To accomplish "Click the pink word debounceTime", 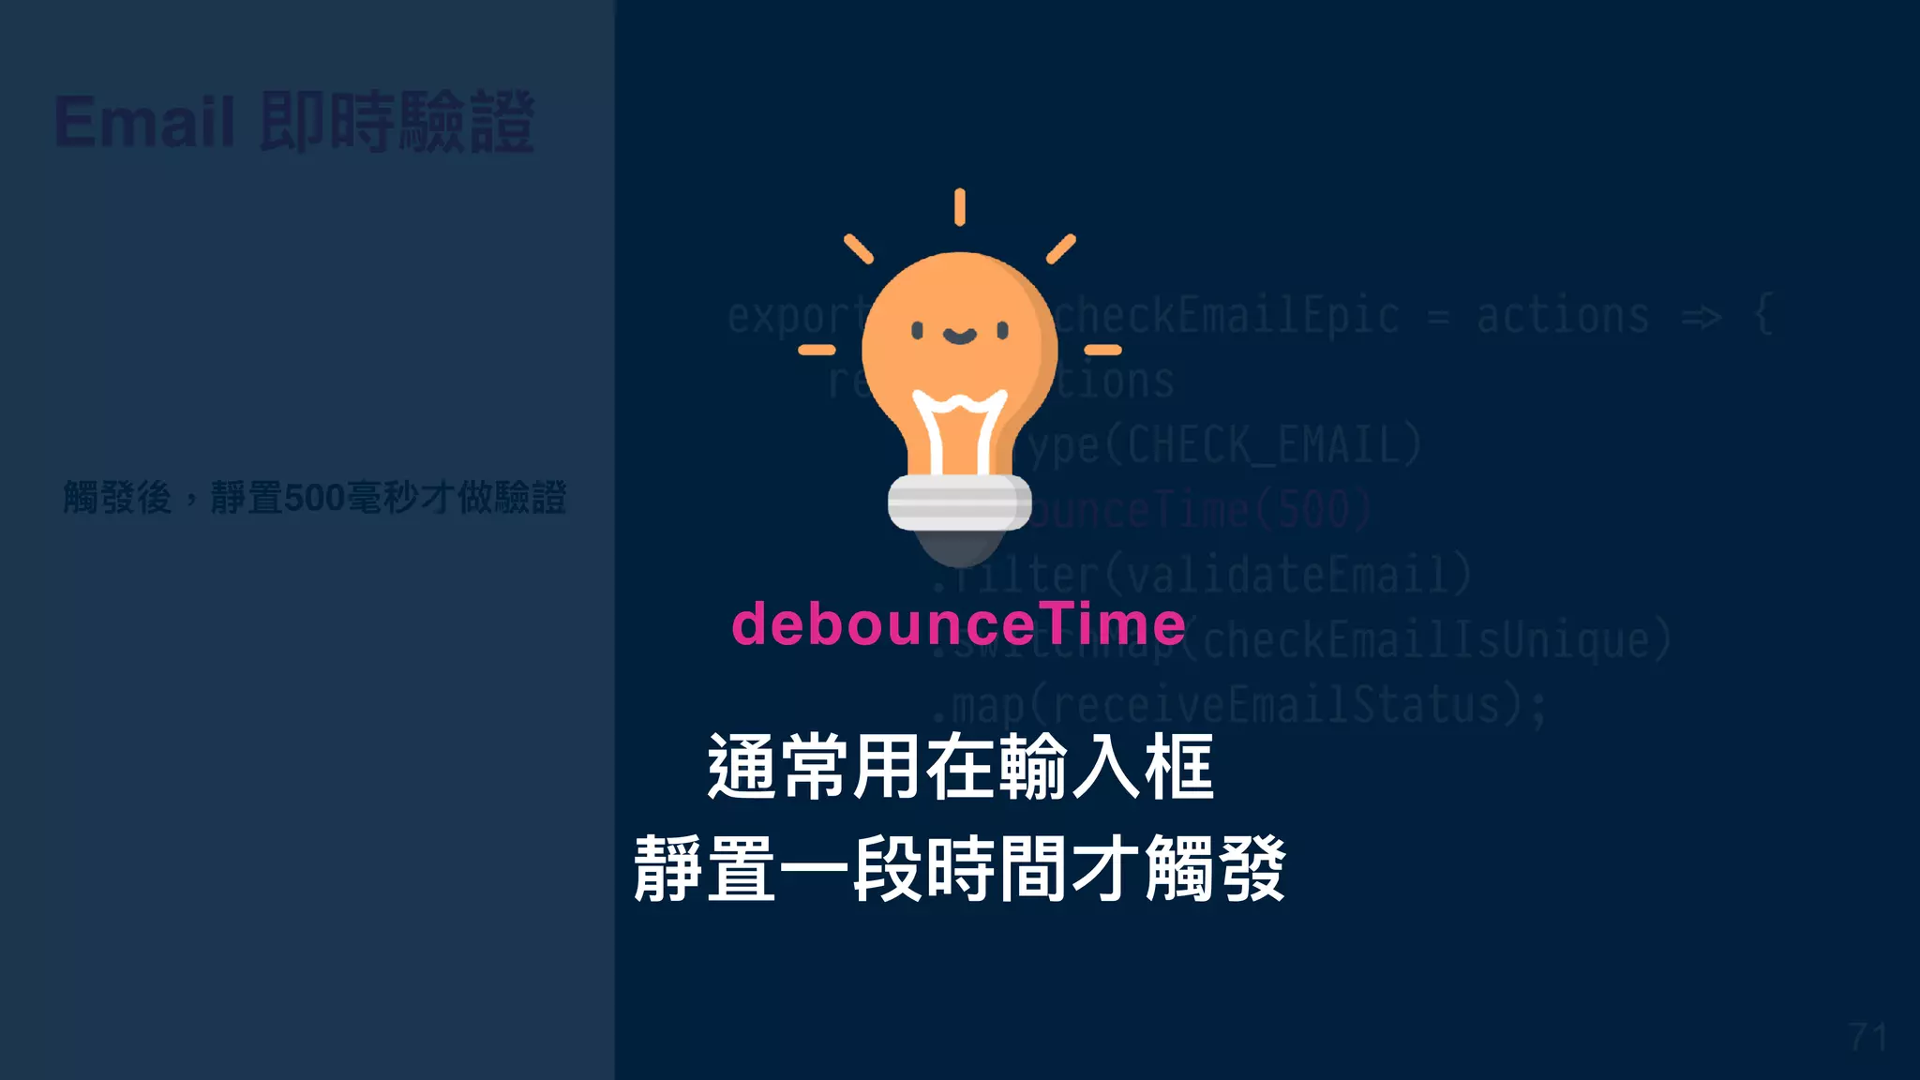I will click(x=958, y=624).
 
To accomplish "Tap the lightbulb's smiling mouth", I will click(x=959, y=336).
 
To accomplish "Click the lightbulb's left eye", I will click(x=917, y=330).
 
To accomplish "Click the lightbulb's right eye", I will click(x=1002, y=330).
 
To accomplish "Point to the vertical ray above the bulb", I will click(x=959, y=207).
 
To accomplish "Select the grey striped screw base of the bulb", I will click(x=959, y=503).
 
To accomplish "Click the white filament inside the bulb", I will click(x=959, y=431).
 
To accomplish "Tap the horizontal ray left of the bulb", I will click(x=817, y=351).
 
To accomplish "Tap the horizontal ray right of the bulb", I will click(x=1102, y=351).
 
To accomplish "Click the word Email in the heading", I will click(x=145, y=123).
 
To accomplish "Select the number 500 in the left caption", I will click(x=314, y=498).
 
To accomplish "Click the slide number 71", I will click(x=1867, y=1038).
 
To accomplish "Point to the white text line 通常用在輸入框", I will click(x=960, y=767).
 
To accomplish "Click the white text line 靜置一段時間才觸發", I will click(x=959, y=869).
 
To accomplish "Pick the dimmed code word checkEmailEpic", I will click(x=1228, y=316).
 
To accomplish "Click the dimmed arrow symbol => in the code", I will click(x=1701, y=318).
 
